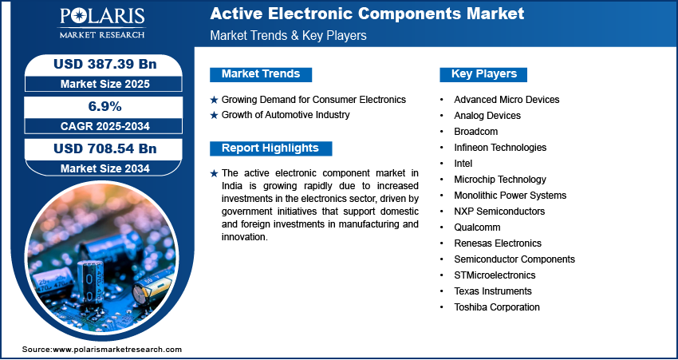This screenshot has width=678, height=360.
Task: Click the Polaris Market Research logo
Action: (102, 23)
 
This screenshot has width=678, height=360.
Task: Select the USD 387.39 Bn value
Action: (105, 65)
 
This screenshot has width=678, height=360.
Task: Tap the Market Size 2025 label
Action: (105, 84)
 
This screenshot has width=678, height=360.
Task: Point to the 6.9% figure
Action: (105, 106)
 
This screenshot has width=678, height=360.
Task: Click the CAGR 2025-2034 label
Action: (105, 126)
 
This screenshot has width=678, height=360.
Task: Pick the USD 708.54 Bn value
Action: (105, 148)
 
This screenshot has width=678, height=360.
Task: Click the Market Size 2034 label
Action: (105, 168)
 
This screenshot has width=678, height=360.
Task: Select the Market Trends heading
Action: (261, 74)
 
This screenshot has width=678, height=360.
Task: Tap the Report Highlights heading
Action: (270, 148)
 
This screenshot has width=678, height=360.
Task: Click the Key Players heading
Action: (484, 74)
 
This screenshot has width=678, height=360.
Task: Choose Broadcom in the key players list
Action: (475, 132)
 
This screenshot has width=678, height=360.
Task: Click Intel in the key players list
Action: (463, 164)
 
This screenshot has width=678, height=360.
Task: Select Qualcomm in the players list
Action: (477, 227)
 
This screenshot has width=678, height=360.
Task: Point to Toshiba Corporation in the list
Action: (497, 307)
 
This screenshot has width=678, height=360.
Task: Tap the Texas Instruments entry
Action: (493, 291)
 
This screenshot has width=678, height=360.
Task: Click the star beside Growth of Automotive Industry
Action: (214, 116)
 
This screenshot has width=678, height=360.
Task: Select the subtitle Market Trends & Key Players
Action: (289, 35)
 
